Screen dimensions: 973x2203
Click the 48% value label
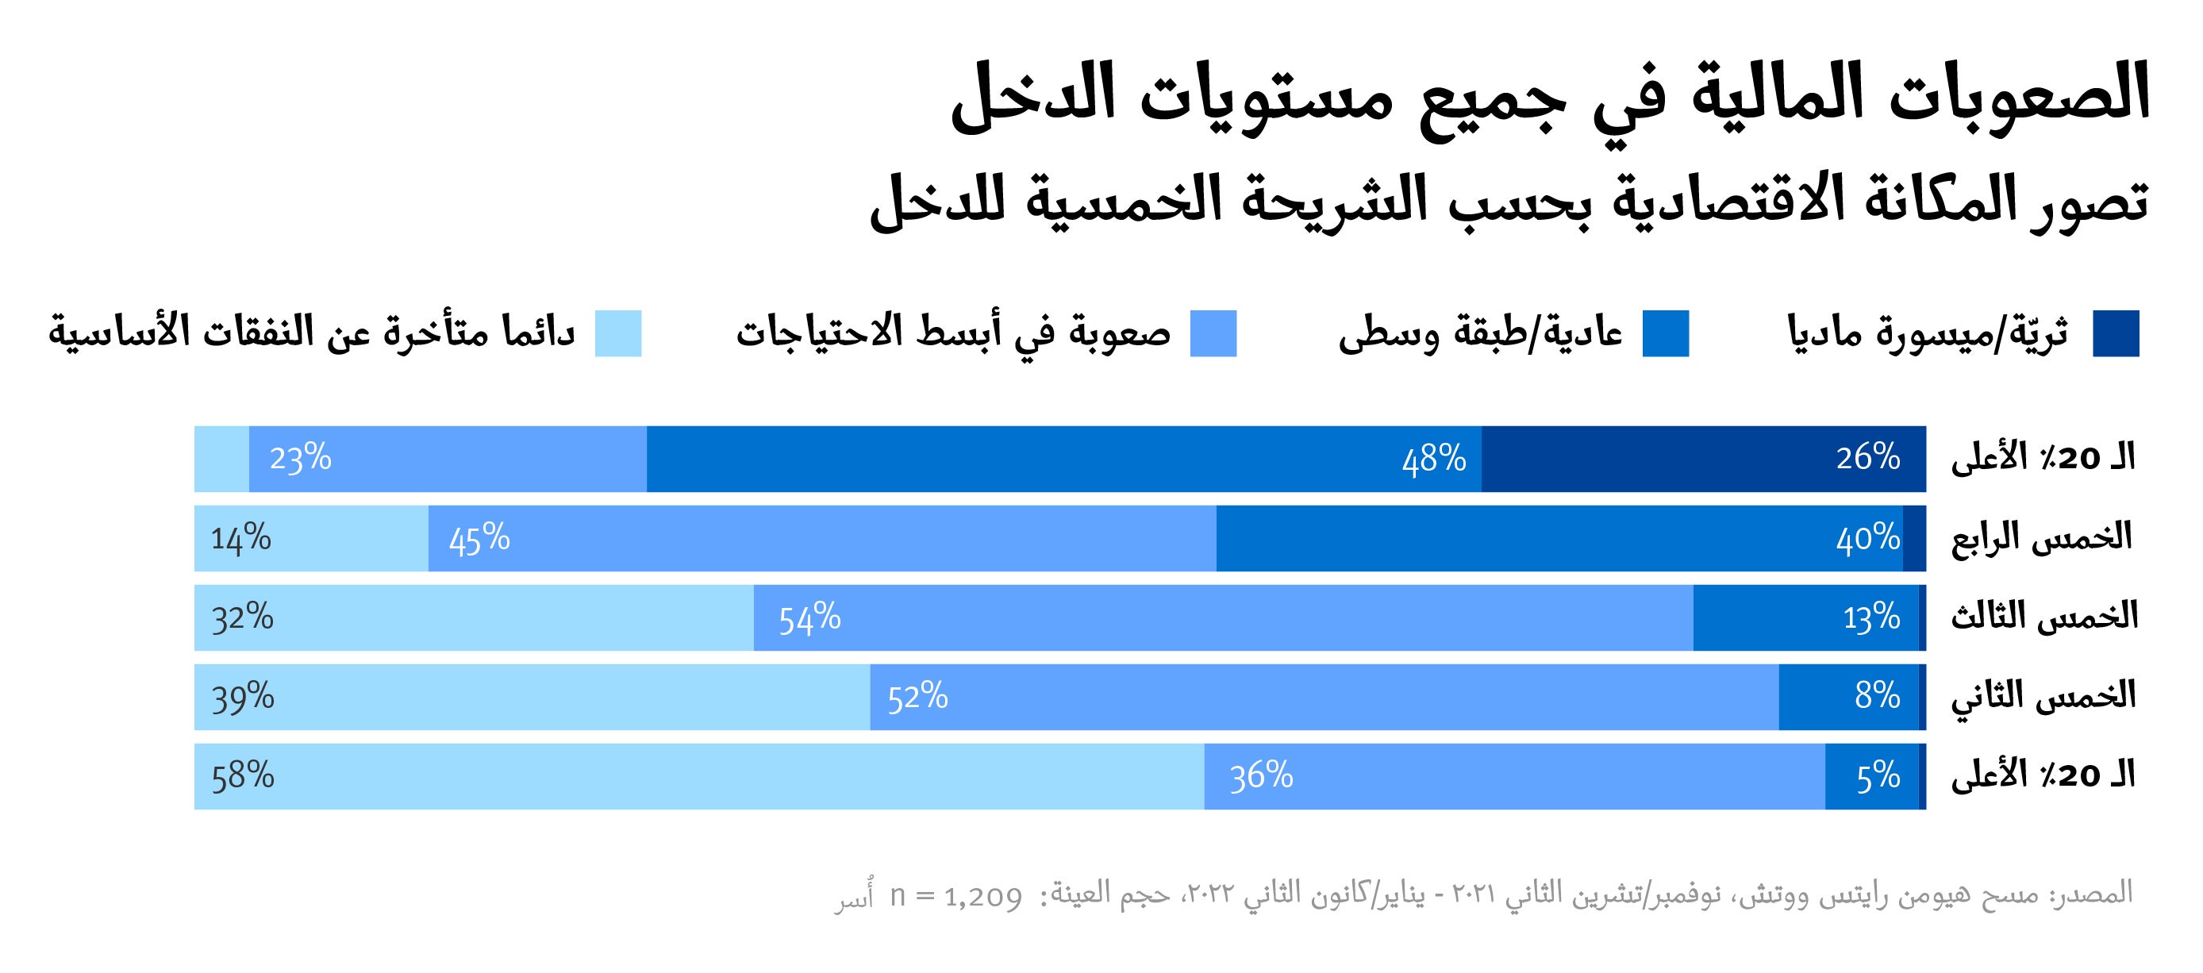click(x=1433, y=460)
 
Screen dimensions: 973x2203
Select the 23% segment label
click(x=300, y=460)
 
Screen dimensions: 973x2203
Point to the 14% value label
click(x=240, y=539)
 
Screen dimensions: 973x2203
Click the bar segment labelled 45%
click(x=821, y=539)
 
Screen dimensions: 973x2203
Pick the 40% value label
click(x=1868, y=539)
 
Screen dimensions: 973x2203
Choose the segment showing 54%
click(x=1223, y=618)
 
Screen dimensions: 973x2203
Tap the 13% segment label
click(x=1871, y=618)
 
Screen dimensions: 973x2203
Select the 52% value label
click(x=917, y=698)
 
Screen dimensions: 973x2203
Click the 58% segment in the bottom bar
click(x=698, y=776)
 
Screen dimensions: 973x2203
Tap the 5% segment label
click(x=1878, y=776)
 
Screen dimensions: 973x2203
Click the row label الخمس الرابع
click(x=2041, y=539)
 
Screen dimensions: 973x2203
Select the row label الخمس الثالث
click(x=2044, y=617)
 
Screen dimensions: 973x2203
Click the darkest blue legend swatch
click(x=2116, y=333)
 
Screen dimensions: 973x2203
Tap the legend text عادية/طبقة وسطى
click(x=1480, y=333)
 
